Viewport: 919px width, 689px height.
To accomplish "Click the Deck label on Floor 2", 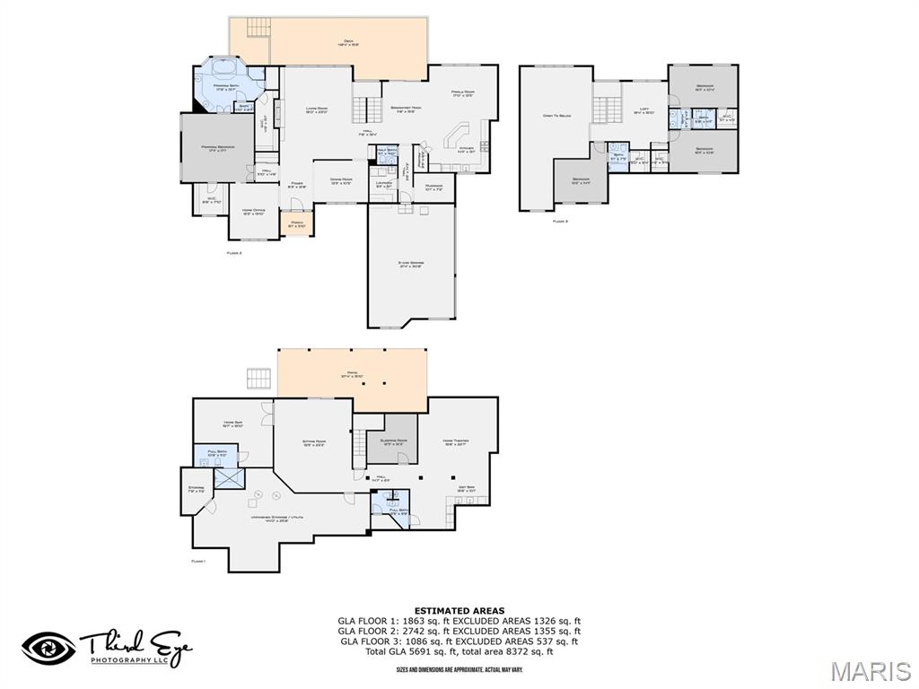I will pos(349,41).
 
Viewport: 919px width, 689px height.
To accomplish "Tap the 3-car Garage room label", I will pos(411,264).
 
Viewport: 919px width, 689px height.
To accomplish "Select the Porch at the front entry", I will pos(295,223).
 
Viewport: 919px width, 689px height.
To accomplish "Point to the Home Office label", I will pos(252,212).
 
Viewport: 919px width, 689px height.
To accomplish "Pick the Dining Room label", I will pos(341,180).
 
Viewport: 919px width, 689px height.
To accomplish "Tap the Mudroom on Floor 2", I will pos(434,188).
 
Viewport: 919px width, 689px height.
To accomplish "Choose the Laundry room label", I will pos(382,184).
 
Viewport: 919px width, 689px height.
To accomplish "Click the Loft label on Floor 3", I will pos(643,110).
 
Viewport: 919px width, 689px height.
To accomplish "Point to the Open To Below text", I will pos(557,116).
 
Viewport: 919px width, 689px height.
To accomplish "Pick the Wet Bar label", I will pos(466,489).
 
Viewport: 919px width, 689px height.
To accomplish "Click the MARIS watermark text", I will pos(870,671).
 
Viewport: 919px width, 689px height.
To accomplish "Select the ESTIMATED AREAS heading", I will pos(459,611).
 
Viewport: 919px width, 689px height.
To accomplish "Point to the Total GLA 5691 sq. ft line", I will pos(459,651).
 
